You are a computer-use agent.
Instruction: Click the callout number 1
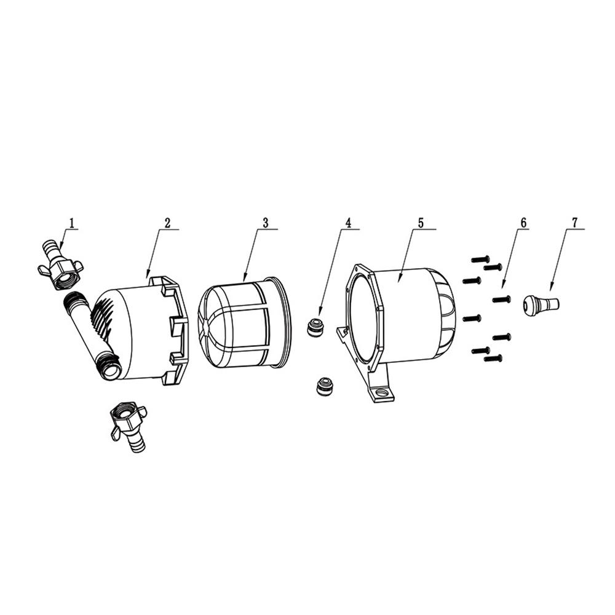71,223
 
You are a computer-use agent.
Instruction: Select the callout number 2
167,223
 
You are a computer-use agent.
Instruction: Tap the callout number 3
266,223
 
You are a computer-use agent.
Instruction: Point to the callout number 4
347,223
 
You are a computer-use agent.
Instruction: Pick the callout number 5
421,223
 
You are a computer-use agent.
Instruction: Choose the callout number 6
523,223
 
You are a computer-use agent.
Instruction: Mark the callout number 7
574,223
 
